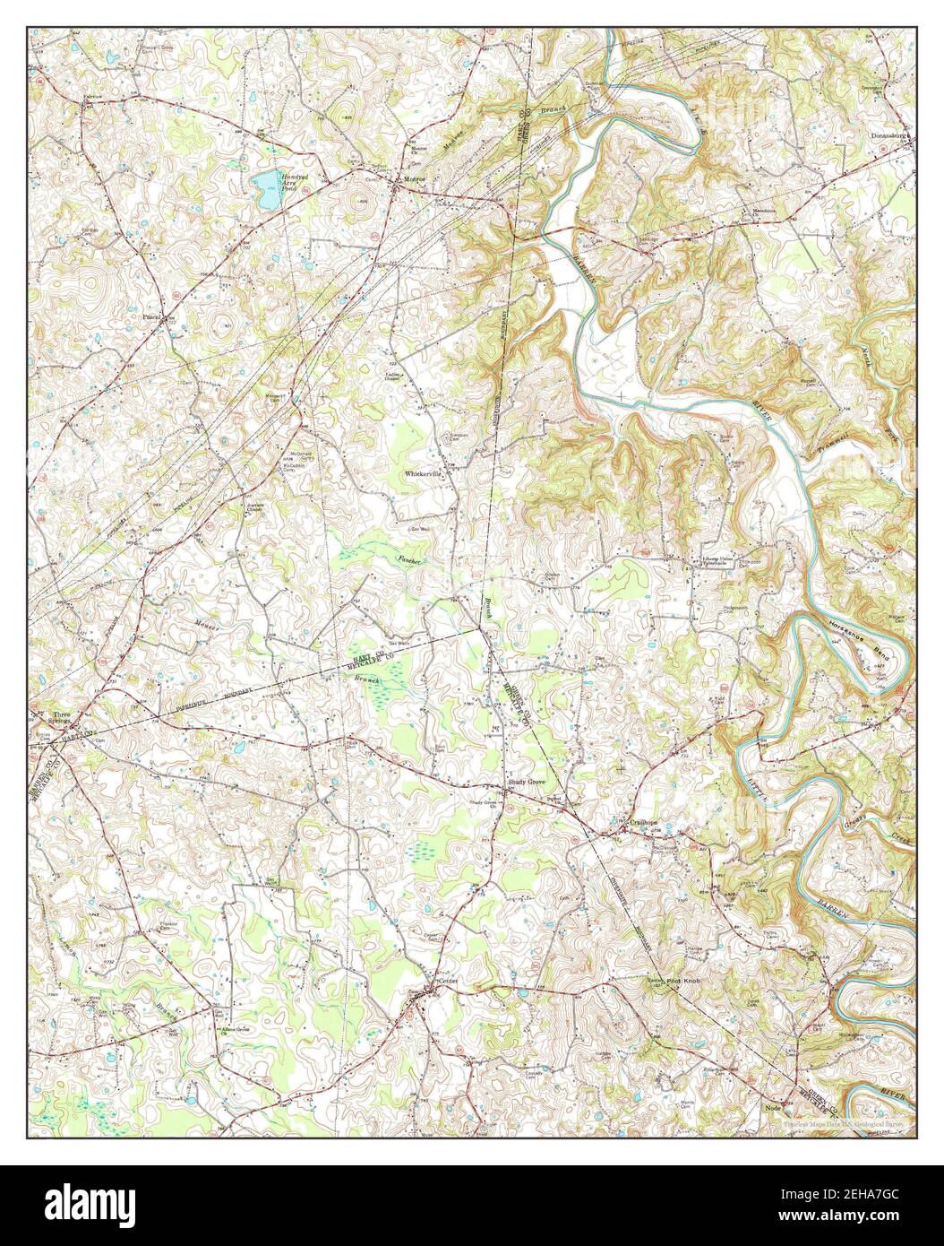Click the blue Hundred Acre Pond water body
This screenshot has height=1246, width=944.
click(x=266, y=184)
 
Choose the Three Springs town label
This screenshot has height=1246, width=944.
click(x=61, y=718)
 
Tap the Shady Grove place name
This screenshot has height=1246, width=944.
click(x=526, y=782)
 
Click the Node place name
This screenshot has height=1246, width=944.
click(x=774, y=1108)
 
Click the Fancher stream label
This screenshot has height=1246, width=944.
click(x=408, y=559)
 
